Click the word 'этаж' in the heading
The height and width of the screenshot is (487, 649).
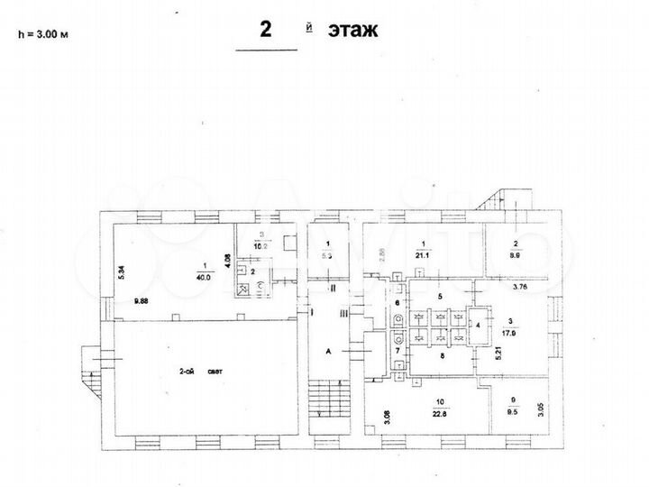pos(352,30)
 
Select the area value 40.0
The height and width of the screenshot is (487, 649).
pos(205,277)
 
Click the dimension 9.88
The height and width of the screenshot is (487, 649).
pos(142,302)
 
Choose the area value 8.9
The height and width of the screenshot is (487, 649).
pos(516,255)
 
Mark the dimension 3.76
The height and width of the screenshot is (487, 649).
pos(520,289)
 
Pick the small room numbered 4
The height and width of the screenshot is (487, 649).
pos(478,323)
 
